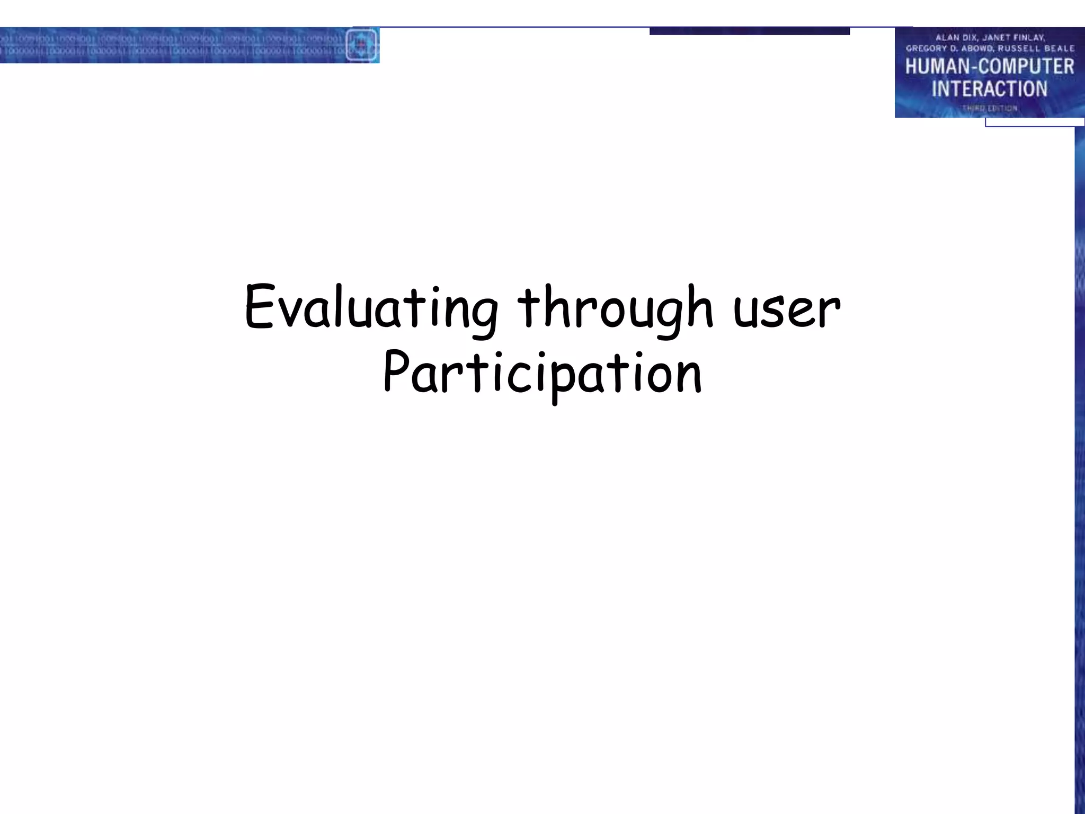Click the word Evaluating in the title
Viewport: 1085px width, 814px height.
click(371, 307)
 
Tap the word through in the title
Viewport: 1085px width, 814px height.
click(615, 307)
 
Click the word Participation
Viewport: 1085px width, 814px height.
click(542, 374)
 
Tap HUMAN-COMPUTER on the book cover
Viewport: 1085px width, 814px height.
click(989, 67)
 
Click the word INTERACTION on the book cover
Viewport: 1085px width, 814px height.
click(989, 89)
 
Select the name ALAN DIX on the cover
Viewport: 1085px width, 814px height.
click(956, 38)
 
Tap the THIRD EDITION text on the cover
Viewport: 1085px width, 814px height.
click(989, 108)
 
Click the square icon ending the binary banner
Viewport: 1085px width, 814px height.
click(361, 45)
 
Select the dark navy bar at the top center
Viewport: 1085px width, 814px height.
click(749, 31)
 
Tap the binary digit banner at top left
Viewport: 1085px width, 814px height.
click(170, 45)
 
